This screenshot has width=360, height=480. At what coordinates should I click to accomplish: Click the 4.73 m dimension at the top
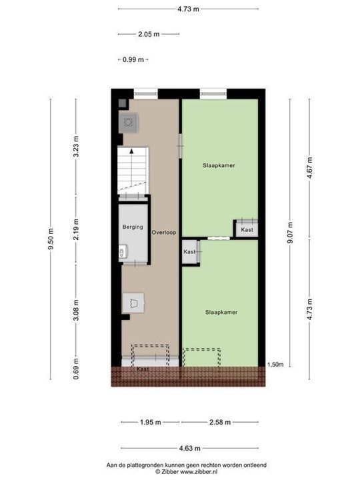189,9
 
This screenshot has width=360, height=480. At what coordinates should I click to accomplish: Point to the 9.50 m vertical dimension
51,239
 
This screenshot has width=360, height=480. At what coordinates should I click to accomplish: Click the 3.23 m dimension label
76,147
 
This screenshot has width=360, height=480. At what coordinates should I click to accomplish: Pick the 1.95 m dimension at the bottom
150,422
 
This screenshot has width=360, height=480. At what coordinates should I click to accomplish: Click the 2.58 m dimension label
219,422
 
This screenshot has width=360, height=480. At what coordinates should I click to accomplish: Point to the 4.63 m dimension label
189,448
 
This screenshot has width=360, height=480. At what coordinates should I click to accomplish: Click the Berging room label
133,227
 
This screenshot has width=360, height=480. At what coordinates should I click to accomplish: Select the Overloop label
163,233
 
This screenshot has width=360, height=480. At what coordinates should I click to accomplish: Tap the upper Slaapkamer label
219,165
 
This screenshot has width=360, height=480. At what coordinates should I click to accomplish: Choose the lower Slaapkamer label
221,311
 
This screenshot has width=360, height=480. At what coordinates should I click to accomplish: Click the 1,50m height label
275,365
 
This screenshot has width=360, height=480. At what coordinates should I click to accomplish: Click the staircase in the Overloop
133,171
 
